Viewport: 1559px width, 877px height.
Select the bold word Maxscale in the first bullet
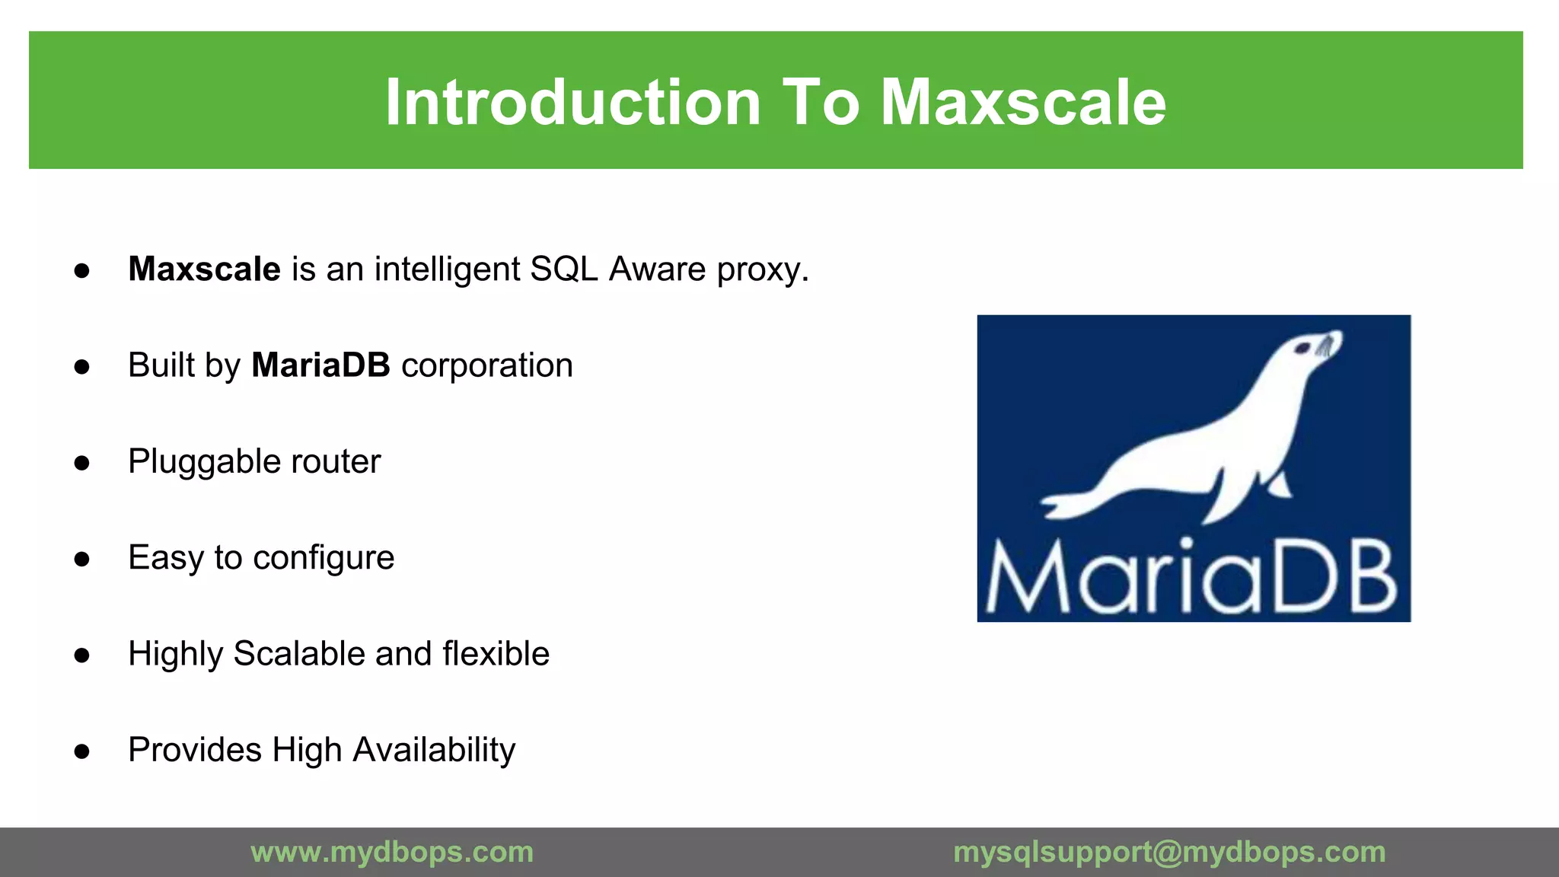coord(204,269)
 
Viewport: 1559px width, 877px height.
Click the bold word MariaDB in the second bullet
coord(320,365)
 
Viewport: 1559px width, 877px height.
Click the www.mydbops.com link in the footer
coord(392,852)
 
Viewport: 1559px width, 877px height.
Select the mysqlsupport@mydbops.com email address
coord(1169,852)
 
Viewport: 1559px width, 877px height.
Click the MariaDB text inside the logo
coord(1192,579)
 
